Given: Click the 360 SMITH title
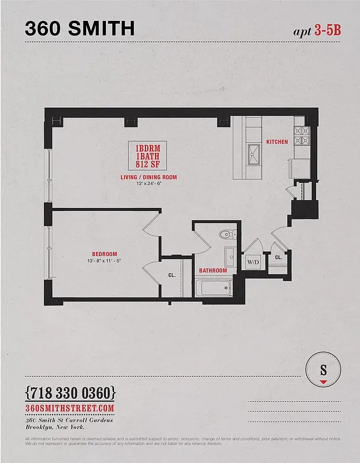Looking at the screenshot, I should pos(80,28).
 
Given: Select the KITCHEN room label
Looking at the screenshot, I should pos(277,142).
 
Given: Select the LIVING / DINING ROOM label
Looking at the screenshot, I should pos(149,177).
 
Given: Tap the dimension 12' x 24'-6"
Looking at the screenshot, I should pos(149,184).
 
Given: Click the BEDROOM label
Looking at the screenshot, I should pos(104,254).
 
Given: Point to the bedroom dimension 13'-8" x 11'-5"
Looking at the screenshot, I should pos(104,261).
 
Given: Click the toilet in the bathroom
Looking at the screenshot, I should pos(226,235).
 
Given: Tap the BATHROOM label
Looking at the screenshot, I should pos(212,270).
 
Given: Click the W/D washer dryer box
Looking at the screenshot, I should pos(254,262).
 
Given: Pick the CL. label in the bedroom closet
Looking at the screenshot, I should pos(172,275).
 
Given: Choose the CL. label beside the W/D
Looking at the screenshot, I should pos(278,257).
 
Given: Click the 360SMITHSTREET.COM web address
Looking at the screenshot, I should pos(71,408).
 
